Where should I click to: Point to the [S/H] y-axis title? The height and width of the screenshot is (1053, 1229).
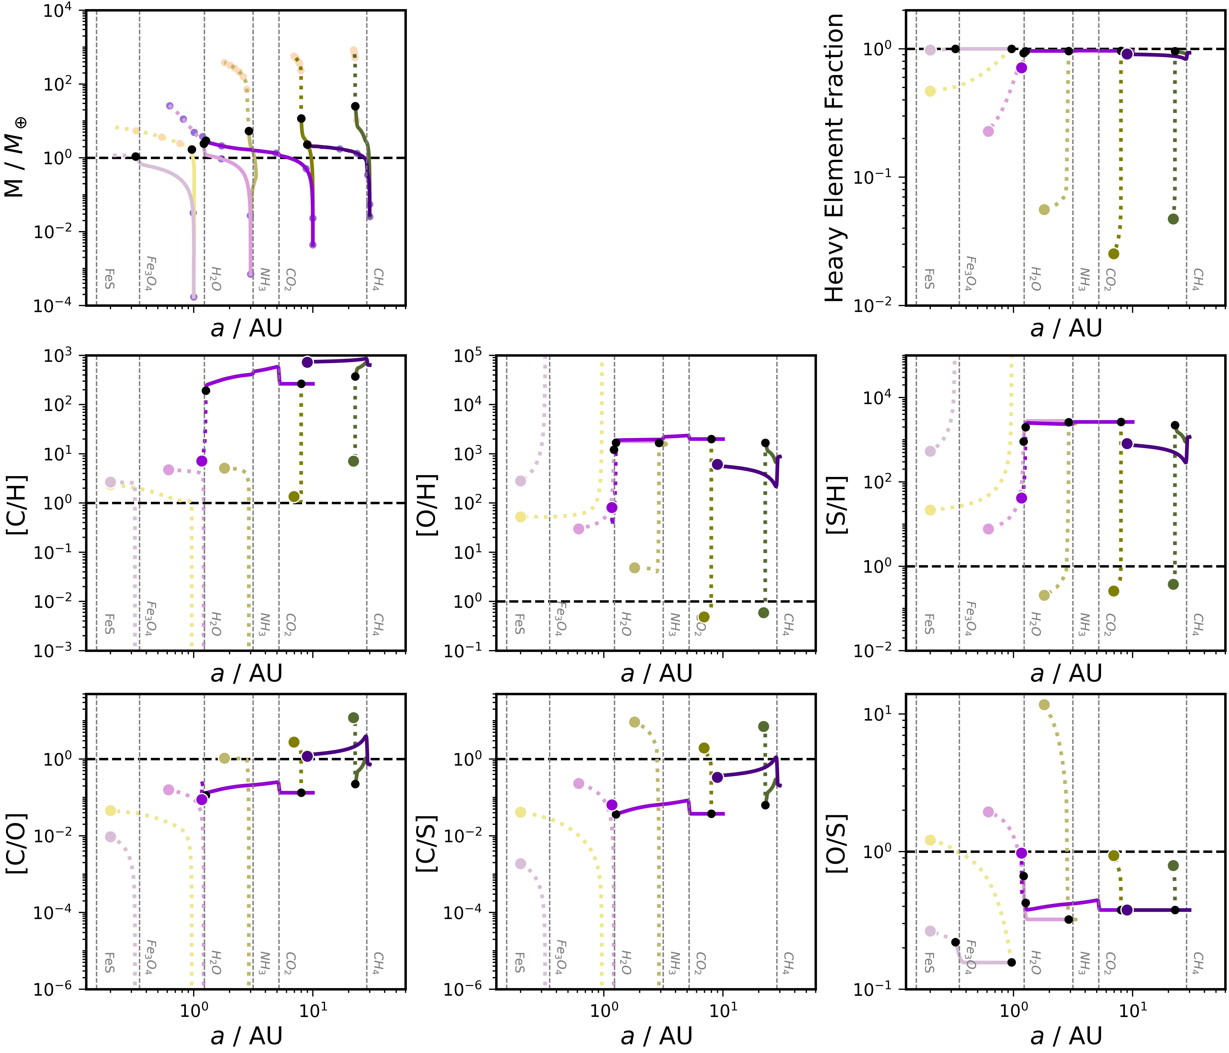pyautogui.click(x=836, y=504)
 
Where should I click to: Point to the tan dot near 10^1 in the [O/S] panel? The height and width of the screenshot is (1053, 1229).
pyautogui.click(x=1044, y=704)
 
